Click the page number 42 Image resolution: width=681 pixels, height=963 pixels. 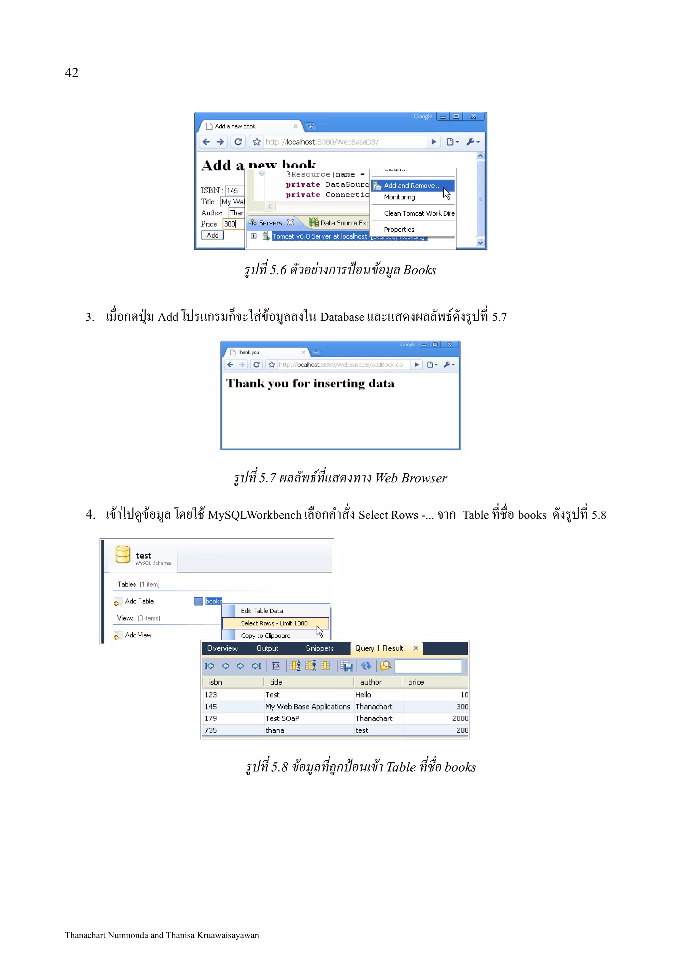click(71, 72)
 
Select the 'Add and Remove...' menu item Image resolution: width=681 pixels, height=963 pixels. click(412, 185)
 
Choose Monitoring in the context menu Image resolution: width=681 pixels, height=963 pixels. click(399, 197)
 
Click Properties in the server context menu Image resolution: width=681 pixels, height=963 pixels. click(399, 229)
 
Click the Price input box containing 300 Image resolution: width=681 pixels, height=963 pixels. click(233, 224)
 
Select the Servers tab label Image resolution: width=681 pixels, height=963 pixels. click(270, 223)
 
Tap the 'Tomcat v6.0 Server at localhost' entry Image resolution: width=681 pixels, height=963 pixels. click(319, 236)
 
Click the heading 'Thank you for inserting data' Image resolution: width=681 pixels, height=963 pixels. click(310, 383)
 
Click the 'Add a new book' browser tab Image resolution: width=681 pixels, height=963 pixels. click(235, 126)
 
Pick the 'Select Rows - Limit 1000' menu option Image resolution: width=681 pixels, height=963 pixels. click(274, 623)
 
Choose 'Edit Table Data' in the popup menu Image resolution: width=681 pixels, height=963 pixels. click(262, 611)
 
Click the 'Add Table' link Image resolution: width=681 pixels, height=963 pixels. click(139, 601)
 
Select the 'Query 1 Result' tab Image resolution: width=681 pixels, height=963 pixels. click(379, 648)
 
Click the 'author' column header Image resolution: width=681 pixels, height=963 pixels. click(371, 682)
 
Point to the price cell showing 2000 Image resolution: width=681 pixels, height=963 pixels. click(460, 718)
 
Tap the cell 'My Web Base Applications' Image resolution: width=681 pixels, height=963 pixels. click(307, 707)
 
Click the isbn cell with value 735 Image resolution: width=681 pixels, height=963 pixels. click(210, 730)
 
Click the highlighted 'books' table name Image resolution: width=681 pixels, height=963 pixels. click(213, 601)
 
